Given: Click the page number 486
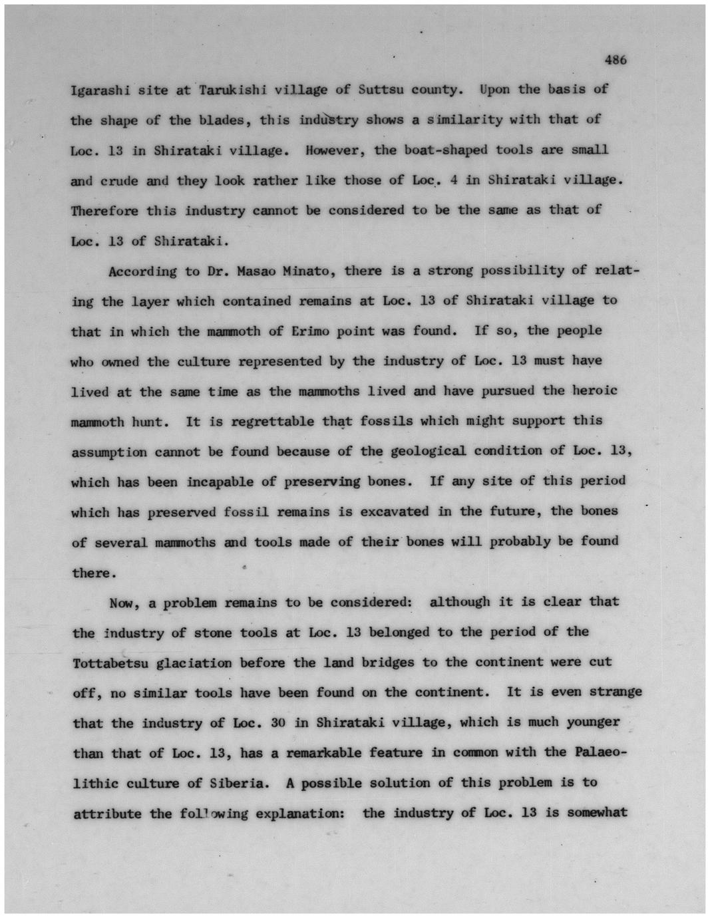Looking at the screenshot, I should [616, 59].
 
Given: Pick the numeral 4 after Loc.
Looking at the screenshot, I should [452, 180].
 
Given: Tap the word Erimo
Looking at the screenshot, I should [308, 331].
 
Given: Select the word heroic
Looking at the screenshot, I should [595, 390].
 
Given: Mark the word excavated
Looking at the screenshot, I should [395, 512].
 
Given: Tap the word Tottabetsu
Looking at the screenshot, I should [110, 664].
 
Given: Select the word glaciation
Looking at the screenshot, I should [194, 663].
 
